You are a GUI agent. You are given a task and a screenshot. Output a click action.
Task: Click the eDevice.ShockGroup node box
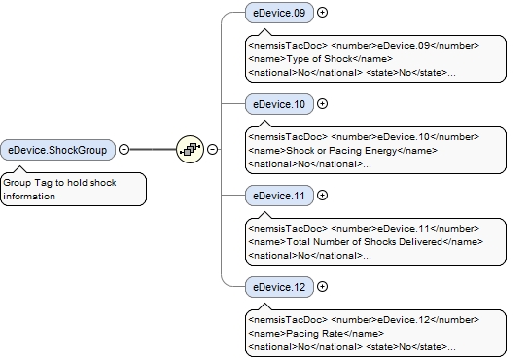coord(58,150)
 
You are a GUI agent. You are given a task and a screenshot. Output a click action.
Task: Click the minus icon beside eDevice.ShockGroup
coord(123,150)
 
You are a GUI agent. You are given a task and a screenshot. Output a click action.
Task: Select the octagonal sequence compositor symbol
coord(190,150)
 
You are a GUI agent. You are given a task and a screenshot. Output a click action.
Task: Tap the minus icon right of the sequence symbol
coord(212,150)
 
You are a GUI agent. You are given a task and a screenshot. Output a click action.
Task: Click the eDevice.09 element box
coord(279,13)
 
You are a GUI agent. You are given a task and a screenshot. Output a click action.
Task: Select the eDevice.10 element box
coord(279,104)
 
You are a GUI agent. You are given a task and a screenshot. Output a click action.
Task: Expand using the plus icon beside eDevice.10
coord(323,104)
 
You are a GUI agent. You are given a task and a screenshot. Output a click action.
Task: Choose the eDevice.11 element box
coord(279,195)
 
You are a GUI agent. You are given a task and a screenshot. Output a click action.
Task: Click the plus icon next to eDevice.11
coord(323,195)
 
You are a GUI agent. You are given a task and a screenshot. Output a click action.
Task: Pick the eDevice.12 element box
coord(279,286)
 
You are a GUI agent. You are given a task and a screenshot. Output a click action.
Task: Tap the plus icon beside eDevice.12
coord(323,286)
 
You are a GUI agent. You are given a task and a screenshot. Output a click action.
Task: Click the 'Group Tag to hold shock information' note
coord(73,189)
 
